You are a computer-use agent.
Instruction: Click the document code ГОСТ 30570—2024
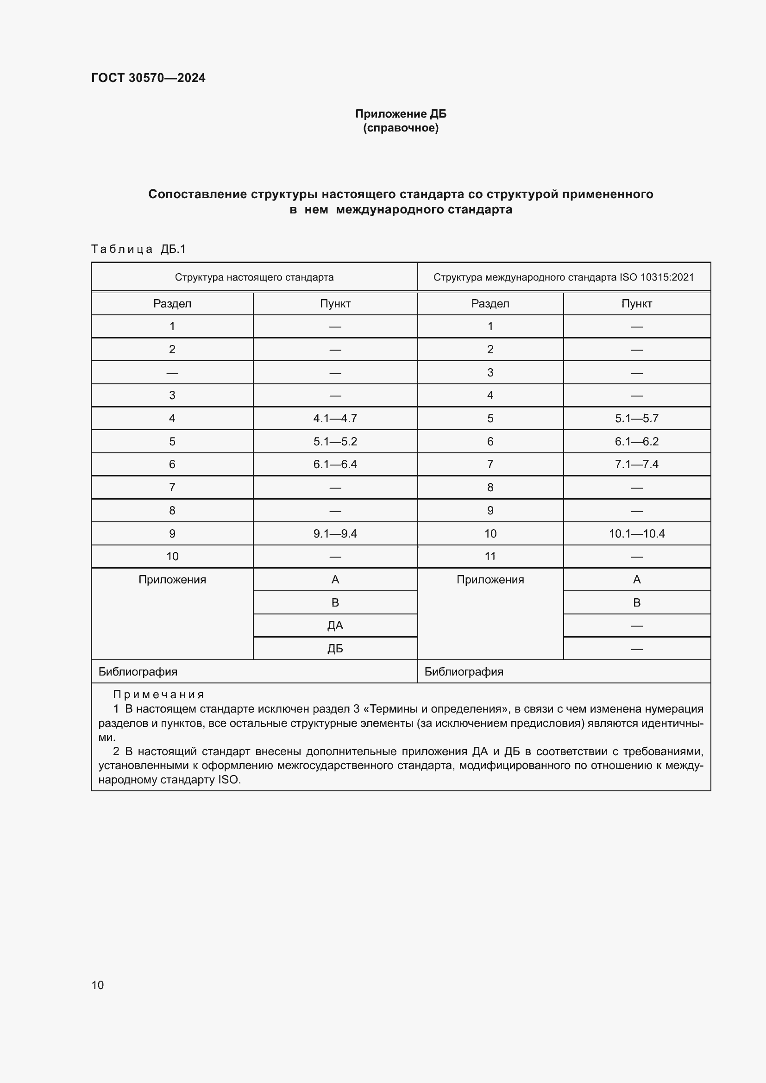coord(148,78)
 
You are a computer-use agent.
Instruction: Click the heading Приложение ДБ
coord(401,114)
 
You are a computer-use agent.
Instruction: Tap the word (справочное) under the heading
coord(401,128)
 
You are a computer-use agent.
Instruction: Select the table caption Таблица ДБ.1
coord(138,249)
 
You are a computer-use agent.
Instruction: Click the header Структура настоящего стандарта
coord(254,277)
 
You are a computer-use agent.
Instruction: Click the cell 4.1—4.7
coord(335,419)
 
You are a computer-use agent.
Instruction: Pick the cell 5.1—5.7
coord(636,419)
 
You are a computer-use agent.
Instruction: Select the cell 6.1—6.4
coord(335,464)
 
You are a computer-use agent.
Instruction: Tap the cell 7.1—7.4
coord(636,464)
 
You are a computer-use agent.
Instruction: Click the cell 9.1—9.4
coord(335,533)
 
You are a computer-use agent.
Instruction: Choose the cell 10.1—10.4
coord(636,533)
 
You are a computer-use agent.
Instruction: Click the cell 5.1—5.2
coord(335,442)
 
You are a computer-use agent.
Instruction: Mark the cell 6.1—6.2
coord(636,442)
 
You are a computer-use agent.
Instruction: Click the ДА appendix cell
coord(335,626)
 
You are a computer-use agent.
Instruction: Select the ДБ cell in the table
coord(335,649)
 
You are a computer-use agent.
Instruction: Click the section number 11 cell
coord(490,557)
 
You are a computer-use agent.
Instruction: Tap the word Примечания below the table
coord(158,695)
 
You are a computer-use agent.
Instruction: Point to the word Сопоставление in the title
coord(198,194)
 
